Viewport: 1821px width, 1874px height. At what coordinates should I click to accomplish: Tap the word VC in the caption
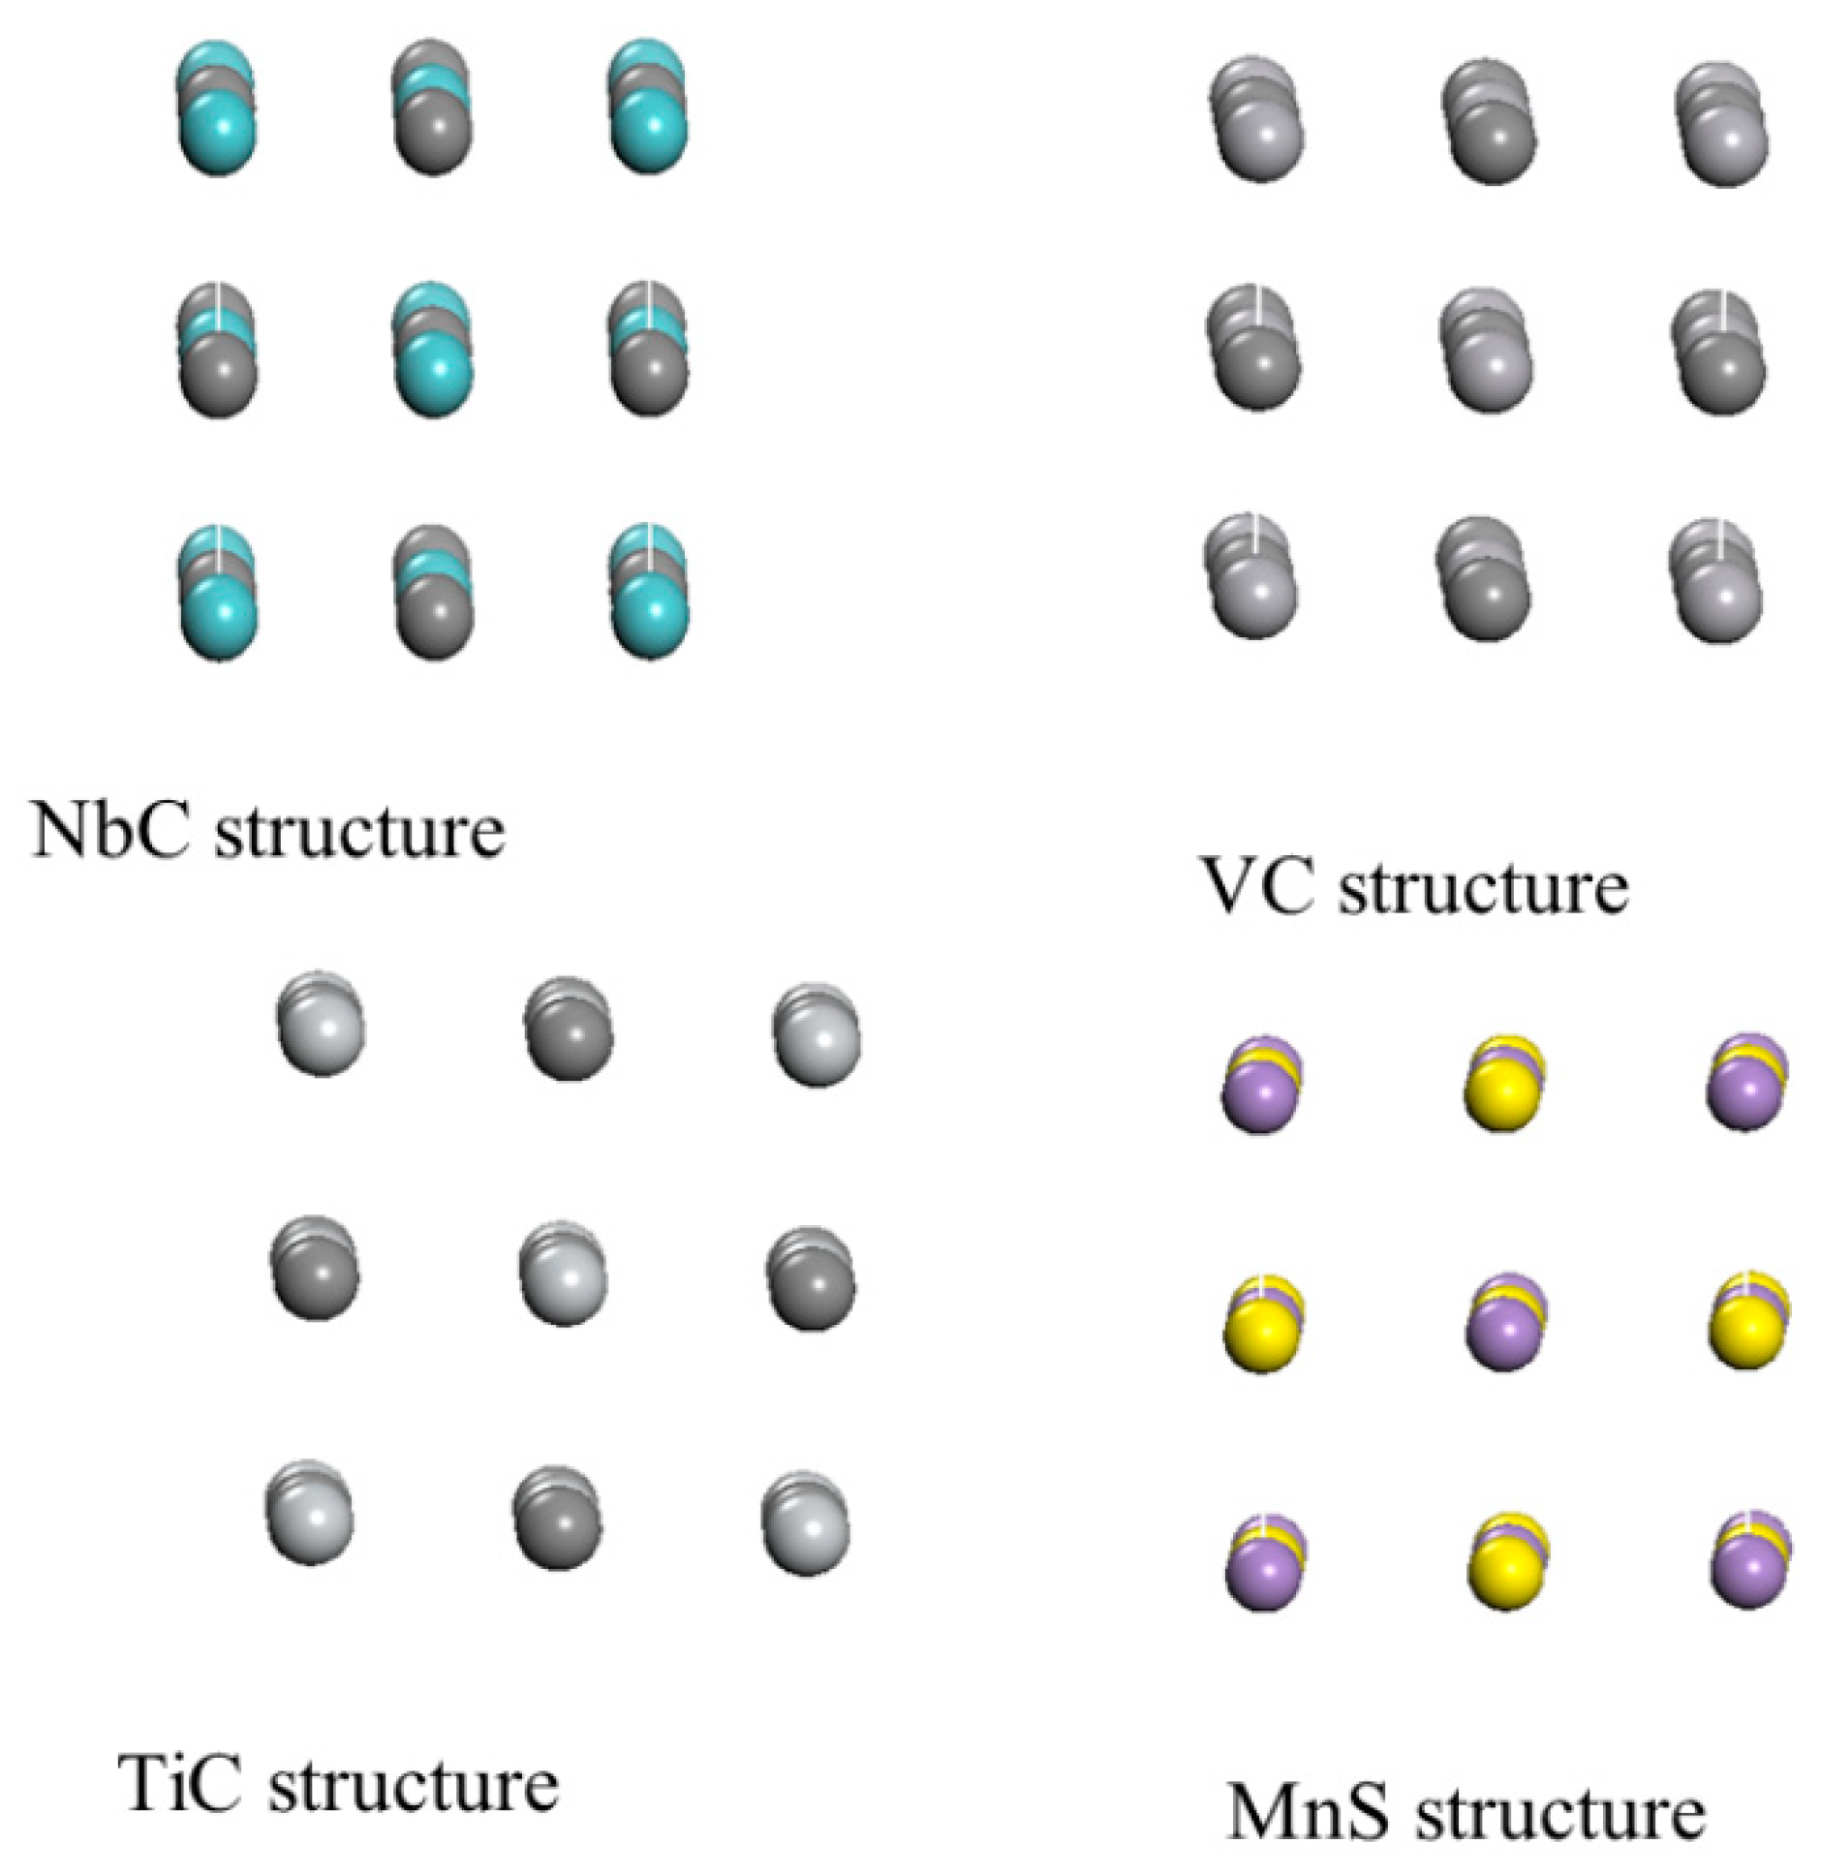point(1255,884)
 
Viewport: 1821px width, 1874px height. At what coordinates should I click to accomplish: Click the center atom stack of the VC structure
point(1487,349)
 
